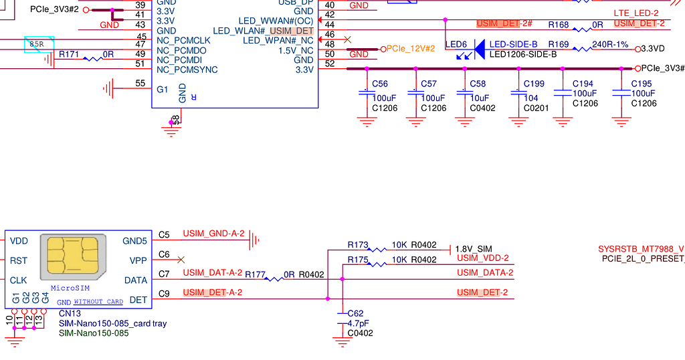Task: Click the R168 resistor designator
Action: tap(559, 25)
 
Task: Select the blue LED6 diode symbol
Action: tap(478, 49)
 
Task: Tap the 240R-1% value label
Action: tap(609, 45)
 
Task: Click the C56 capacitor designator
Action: tap(380, 84)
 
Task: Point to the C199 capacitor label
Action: tap(534, 84)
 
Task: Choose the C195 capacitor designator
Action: tap(642, 84)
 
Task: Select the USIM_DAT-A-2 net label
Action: tap(212, 272)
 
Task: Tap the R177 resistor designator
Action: tap(256, 274)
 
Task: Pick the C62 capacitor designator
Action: tap(355, 313)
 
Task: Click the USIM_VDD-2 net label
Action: tap(483, 258)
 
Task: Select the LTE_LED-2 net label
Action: tap(636, 13)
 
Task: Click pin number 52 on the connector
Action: tap(329, 64)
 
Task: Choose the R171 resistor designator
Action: tap(67, 54)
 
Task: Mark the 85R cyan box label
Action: tap(36, 45)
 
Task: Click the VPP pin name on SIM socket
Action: tap(138, 260)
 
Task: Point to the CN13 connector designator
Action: tap(70, 313)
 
